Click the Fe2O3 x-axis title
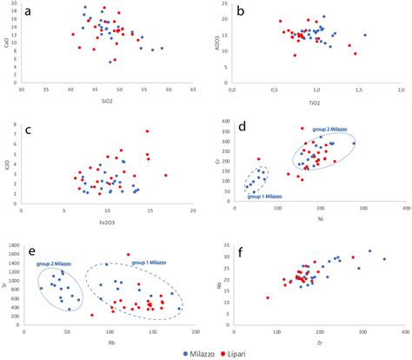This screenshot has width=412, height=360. pyautogui.click(x=107, y=221)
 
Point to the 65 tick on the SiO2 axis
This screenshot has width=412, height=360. pyautogui.click(x=193, y=90)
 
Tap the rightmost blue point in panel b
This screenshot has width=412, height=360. pyautogui.click(x=365, y=36)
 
